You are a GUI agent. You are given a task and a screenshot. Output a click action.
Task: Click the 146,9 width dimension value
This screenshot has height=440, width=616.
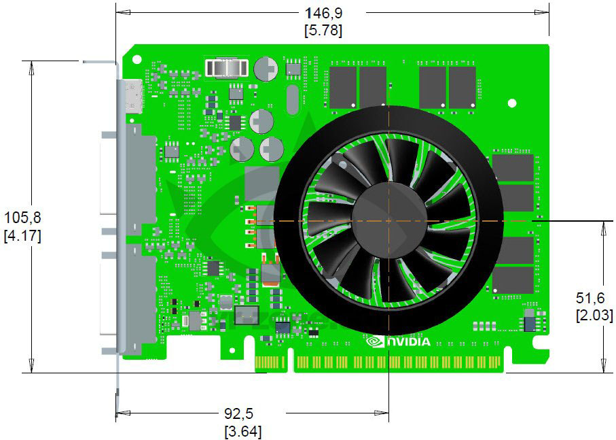tap(324, 13)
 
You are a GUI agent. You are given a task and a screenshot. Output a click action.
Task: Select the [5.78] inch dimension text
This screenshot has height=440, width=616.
tap(323, 31)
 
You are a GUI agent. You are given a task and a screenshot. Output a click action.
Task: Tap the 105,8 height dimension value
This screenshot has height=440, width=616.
tap(22, 217)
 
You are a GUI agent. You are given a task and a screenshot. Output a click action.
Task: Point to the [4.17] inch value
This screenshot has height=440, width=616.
tap(22, 235)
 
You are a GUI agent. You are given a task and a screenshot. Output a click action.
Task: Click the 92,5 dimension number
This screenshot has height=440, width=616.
tap(239, 413)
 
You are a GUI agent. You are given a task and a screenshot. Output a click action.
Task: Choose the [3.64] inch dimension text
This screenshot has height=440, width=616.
tap(242, 432)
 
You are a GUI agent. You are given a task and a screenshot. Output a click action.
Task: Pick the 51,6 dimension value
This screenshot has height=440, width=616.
tap(590, 298)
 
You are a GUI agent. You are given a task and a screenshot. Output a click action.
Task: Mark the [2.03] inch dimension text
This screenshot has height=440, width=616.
tap(594, 315)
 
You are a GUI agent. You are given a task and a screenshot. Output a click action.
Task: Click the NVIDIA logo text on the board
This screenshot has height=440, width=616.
tap(409, 341)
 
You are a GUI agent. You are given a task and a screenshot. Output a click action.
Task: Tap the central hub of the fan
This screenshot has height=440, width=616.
tap(389, 221)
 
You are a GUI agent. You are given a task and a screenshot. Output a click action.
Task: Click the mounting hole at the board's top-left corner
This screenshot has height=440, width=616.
tap(137, 59)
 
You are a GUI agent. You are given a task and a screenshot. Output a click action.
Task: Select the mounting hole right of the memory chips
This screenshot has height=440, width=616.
tap(512, 103)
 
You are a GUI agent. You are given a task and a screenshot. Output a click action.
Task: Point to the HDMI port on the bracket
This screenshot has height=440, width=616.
tap(134, 97)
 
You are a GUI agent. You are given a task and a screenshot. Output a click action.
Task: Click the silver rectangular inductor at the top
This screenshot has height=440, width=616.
tap(227, 69)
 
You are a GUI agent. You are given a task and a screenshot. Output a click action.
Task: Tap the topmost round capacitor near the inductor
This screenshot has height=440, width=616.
tap(266, 69)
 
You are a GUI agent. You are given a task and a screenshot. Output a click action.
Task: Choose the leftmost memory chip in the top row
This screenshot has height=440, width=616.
tap(343, 87)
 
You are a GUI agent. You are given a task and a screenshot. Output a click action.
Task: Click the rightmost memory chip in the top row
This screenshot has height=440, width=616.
tap(463, 87)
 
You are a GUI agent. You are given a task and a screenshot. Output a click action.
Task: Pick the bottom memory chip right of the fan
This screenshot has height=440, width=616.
tap(513, 280)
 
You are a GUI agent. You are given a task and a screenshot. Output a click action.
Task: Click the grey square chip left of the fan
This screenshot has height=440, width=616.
tap(261, 183)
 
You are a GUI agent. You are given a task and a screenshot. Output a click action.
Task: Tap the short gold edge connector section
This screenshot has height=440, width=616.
tap(270, 362)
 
